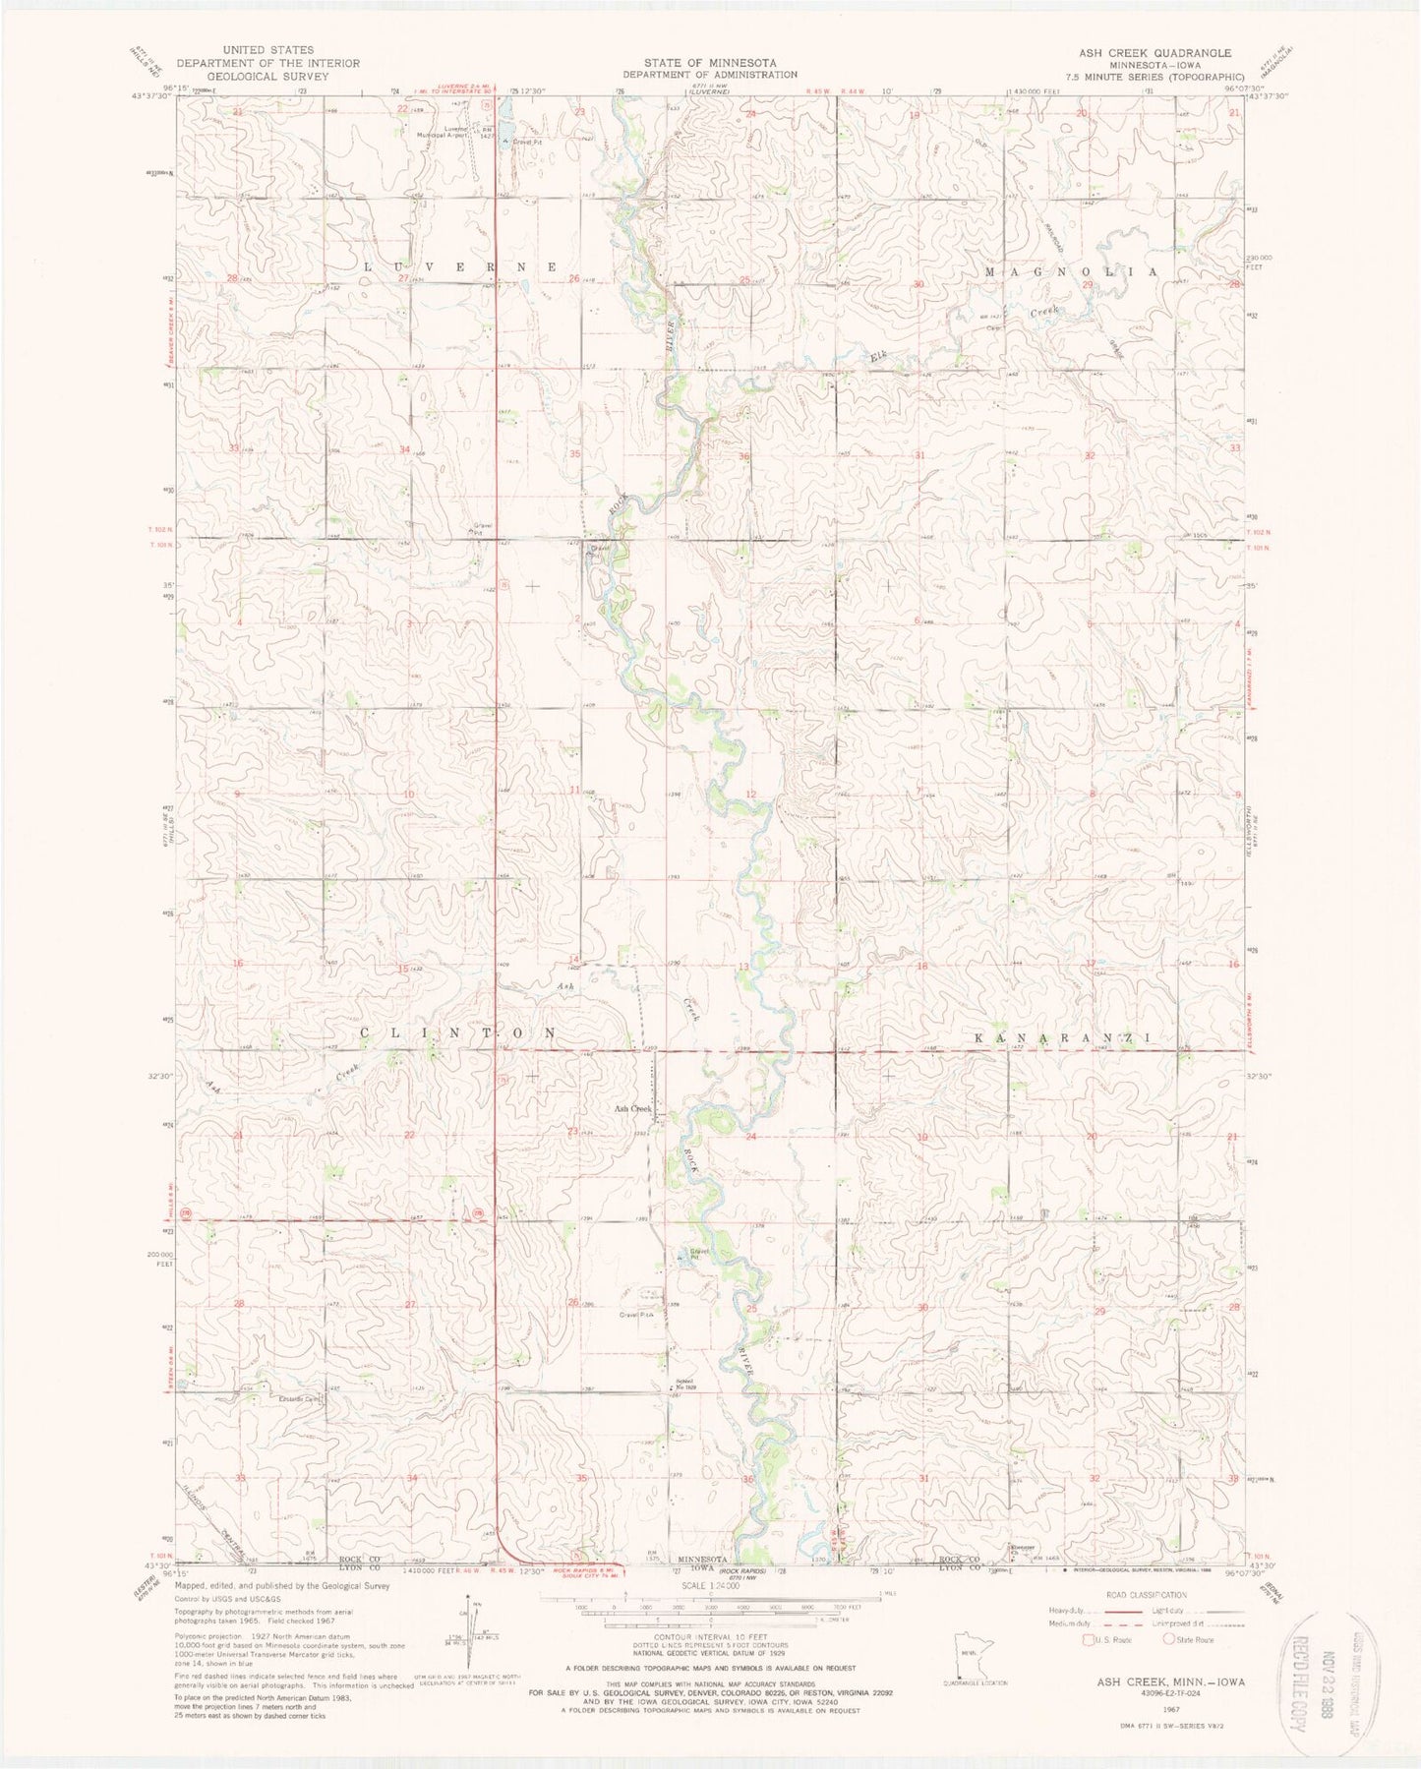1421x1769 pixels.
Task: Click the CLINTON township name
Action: tap(457, 1032)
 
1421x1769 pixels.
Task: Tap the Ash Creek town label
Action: tap(633, 1109)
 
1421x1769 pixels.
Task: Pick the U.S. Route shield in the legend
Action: tap(1087, 1639)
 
